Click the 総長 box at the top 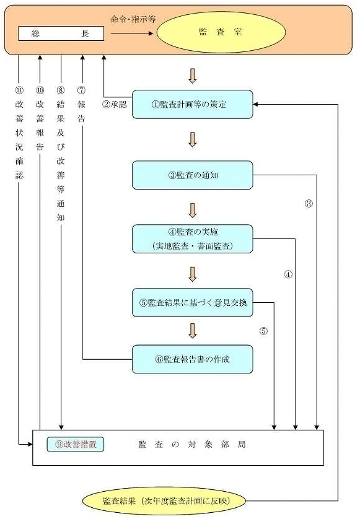[61, 33]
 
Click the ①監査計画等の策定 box [193, 104]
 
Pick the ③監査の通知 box [193, 175]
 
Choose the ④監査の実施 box [193, 239]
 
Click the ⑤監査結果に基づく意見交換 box [193, 303]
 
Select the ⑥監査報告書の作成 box [193, 359]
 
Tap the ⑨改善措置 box [75, 444]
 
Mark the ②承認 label [114, 104]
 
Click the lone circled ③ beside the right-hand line [309, 204]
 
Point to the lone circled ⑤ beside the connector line [264, 331]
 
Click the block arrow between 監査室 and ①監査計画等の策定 [192, 76]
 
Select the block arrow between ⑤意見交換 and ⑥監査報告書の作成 [192, 330]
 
